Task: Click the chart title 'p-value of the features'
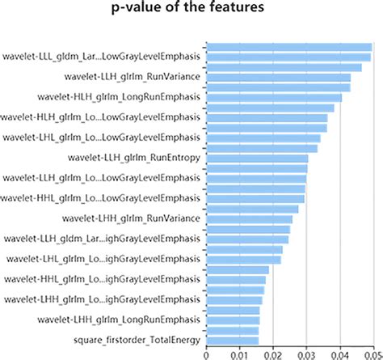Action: [x=191, y=11]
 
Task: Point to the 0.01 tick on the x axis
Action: [x=240, y=354]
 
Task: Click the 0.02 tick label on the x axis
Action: [x=273, y=354]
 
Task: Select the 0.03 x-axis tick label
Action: [x=306, y=354]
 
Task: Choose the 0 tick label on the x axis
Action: [x=207, y=354]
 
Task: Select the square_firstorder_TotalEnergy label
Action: [x=137, y=339]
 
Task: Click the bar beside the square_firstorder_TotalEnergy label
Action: [x=233, y=340]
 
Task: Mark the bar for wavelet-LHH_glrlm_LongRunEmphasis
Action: [x=234, y=320]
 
